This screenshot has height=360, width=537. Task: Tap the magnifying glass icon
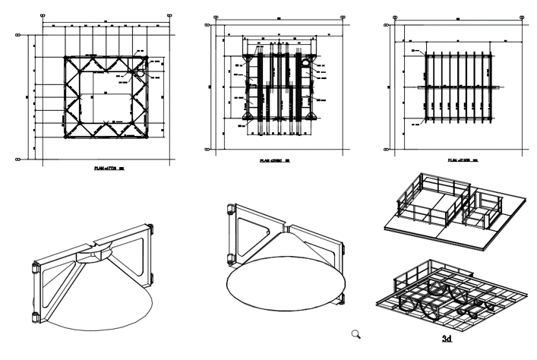[x=355, y=333]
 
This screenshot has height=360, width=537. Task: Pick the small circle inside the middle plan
[x=305, y=65]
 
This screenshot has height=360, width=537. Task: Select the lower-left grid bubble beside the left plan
[x=17, y=159]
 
